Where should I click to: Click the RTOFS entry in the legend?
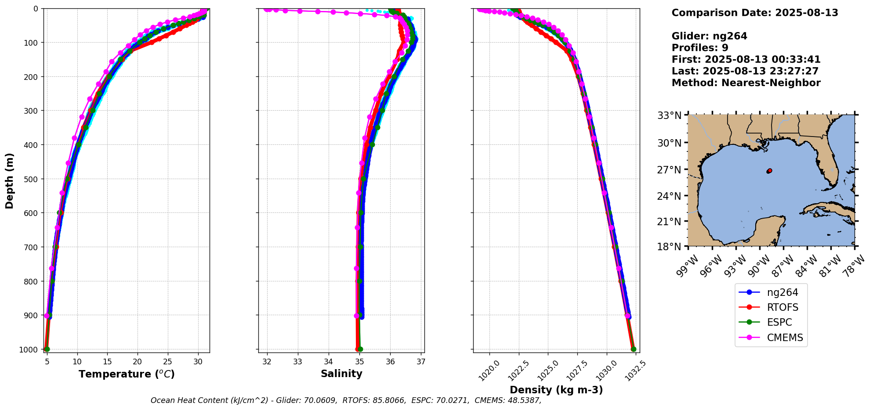pos(782,307)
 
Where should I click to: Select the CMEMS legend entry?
pos(785,338)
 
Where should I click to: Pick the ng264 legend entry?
pos(782,292)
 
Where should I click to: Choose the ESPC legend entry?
pos(779,322)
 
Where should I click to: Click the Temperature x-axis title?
pos(127,374)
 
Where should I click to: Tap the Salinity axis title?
pos(341,374)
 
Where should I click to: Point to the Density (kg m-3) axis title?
pos(556,390)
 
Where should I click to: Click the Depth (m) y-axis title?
pos(10,181)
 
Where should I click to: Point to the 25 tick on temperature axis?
pos(168,362)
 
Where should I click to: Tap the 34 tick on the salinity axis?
pos(329,362)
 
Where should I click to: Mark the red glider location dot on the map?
pos(769,171)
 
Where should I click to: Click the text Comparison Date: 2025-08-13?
pos(755,13)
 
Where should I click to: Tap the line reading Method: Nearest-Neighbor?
pos(746,83)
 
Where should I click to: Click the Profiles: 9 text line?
pos(700,48)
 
